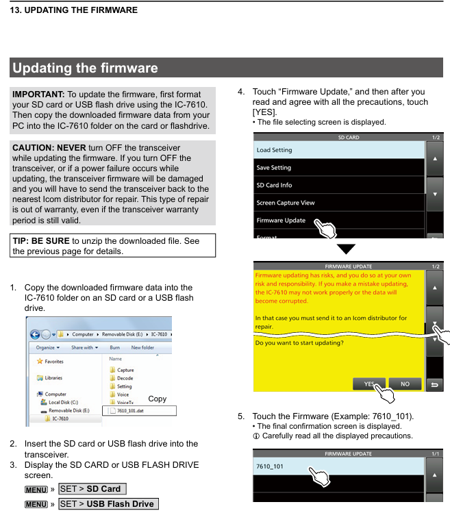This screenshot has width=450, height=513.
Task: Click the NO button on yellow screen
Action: [x=405, y=384]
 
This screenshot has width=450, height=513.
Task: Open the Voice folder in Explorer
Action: [x=123, y=394]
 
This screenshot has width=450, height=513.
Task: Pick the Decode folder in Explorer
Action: [x=125, y=378]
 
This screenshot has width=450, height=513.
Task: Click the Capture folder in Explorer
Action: [x=125, y=370]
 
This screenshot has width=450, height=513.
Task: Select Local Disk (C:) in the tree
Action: [x=64, y=402]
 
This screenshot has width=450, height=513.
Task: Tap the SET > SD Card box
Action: [x=92, y=489]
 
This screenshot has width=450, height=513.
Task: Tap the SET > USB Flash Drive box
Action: [x=108, y=504]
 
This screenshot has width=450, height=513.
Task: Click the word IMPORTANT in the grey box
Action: [x=38, y=94]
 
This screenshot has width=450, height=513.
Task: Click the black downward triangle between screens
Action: [x=347, y=249]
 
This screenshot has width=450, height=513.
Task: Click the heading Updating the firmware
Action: [x=86, y=68]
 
